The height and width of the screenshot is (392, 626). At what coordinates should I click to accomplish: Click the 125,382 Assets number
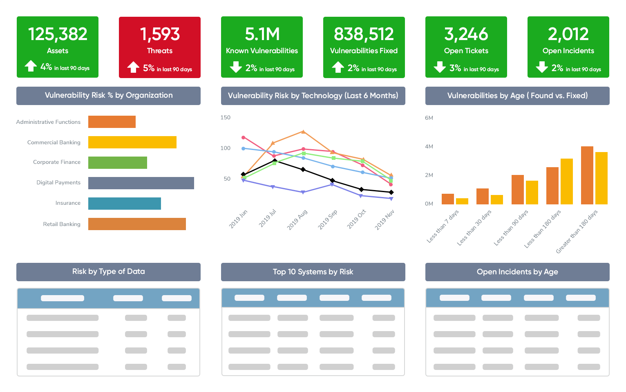(58, 34)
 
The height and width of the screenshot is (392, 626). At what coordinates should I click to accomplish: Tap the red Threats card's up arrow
(133, 67)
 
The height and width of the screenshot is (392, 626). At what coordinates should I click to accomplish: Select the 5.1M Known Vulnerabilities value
(262, 34)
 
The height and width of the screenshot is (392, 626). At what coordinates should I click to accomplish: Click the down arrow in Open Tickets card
(440, 67)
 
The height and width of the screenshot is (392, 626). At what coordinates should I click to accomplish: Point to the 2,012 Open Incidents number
(568, 34)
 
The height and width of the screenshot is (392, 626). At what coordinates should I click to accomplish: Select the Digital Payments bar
(141, 183)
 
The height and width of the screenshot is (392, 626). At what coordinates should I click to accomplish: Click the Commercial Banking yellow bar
(132, 142)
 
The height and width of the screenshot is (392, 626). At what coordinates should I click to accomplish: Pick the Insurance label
(68, 203)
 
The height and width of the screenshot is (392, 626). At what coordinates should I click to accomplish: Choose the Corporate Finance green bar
(117, 163)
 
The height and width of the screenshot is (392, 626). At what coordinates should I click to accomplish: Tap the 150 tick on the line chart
(226, 118)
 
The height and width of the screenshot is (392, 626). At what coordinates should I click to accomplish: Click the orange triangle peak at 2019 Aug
(303, 132)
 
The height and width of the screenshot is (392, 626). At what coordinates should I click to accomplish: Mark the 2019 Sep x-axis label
(328, 220)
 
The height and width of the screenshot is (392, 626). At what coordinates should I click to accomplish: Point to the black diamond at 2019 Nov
(391, 192)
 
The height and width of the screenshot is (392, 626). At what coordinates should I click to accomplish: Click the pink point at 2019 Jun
(244, 137)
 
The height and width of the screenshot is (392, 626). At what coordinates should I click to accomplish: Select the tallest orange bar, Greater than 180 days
(587, 175)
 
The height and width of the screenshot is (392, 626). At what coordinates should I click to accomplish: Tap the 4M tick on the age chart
(429, 146)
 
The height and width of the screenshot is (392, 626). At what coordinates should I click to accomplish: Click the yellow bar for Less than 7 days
(462, 201)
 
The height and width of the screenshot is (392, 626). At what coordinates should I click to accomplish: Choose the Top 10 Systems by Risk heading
(313, 272)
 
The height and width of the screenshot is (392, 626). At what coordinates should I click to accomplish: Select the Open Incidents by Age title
(517, 272)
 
